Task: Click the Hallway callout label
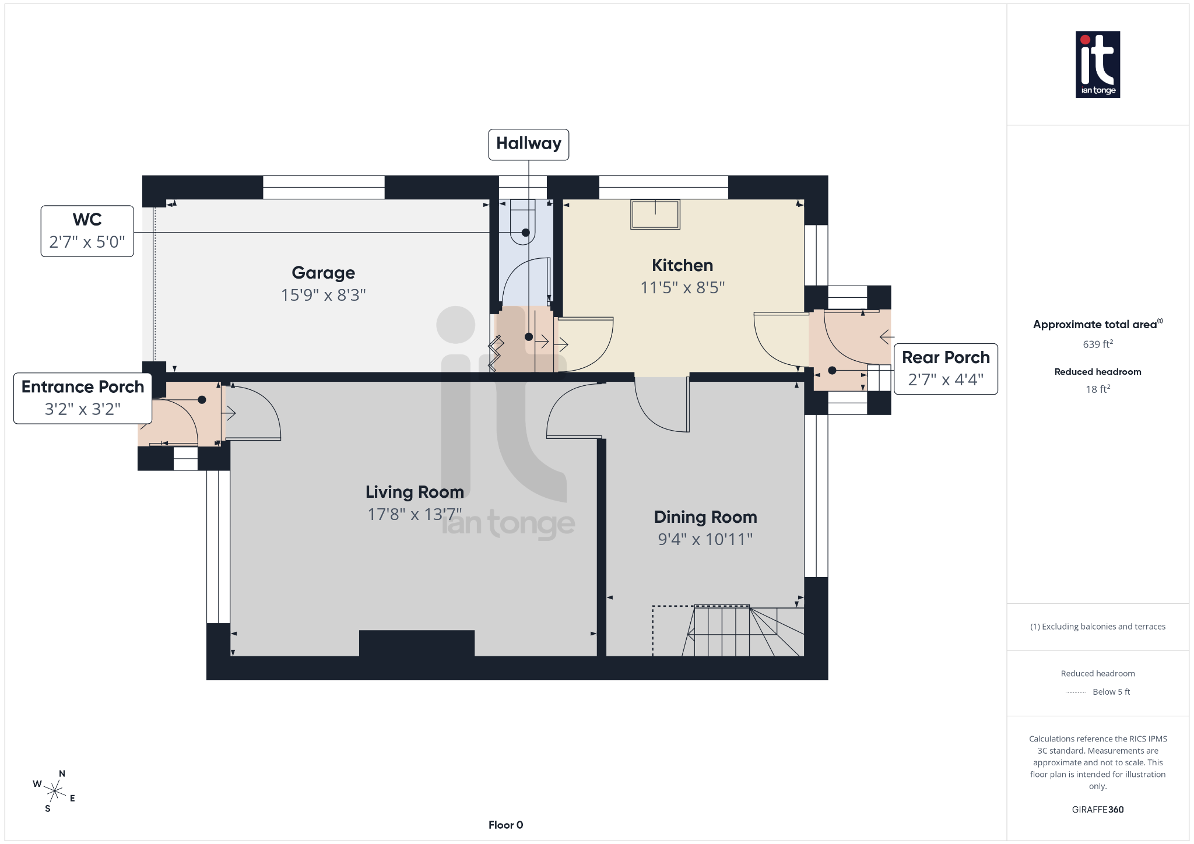click(528, 144)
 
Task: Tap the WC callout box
click(87, 231)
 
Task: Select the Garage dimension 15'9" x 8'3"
click(323, 295)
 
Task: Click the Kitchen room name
click(682, 265)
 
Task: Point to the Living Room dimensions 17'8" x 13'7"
click(414, 514)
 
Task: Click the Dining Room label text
click(705, 517)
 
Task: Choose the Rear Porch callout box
click(945, 368)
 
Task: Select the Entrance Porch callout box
click(83, 398)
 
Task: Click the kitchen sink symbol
click(655, 214)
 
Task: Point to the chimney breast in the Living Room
click(416, 643)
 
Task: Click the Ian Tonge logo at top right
click(1097, 64)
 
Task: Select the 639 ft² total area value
click(1097, 344)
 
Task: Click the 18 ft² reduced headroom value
click(1097, 389)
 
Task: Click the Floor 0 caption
click(505, 825)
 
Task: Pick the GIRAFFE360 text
click(1097, 809)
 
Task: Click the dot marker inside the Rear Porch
click(832, 370)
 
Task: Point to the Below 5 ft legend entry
click(1110, 692)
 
